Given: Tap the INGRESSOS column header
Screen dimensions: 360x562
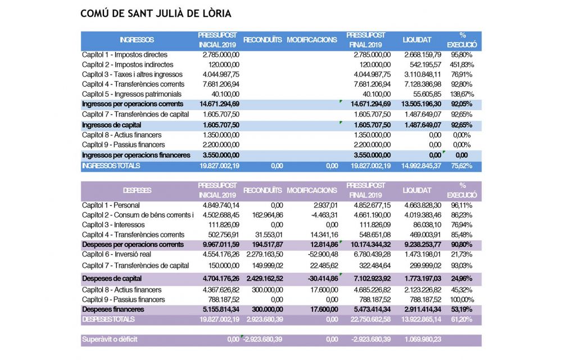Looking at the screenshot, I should [x=137, y=40].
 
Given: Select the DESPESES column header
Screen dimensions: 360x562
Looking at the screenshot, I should [x=137, y=191].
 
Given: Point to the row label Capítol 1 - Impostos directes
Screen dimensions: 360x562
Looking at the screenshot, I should [x=124, y=55].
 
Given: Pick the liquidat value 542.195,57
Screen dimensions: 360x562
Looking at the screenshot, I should [x=423, y=65].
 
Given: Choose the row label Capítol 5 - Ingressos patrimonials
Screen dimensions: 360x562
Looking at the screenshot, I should [x=132, y=94].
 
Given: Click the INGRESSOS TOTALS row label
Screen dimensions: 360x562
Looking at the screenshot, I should [x=111, y=166].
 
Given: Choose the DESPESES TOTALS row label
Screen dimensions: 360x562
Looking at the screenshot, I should [x=108, y=319].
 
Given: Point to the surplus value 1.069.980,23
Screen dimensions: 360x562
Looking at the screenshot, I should [x=423, y=340].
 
